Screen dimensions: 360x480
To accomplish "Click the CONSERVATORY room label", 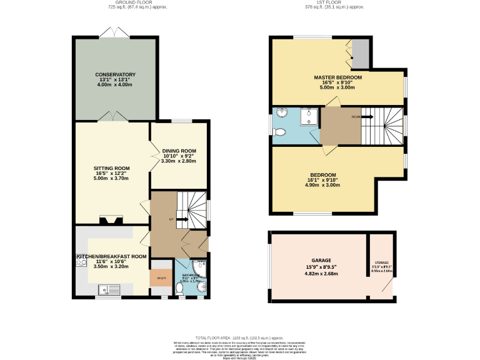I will click(111, 74).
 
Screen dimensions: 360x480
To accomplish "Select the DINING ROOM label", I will click(179, 151).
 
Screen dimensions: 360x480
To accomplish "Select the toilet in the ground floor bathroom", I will click(179, 289).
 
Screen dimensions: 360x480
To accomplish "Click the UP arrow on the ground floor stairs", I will click(182, 219).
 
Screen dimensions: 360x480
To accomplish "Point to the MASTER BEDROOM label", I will click(337, 77).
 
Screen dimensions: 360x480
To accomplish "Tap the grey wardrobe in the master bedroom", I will click(360, 54).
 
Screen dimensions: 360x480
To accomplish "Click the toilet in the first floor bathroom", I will click(279, 132).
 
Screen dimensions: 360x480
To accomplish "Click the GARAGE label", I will click(321, 260).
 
